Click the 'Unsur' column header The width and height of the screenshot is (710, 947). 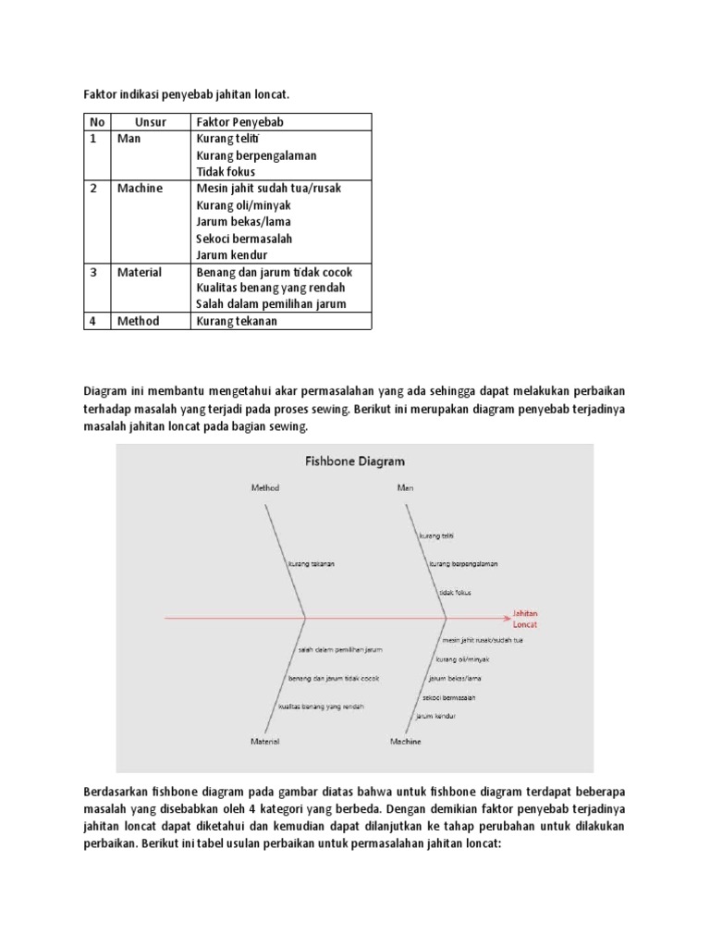pyautogui.click(x=150, y=122)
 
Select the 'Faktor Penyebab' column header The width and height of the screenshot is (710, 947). pyautogui.click(x=239, y=122)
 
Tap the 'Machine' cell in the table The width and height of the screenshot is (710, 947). pyautogui.click(x=140, y=189)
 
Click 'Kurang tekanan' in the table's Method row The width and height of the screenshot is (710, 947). pyautogui.click(x=237, y=322)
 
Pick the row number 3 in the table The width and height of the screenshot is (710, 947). pyautogui.click(x=93, y=273)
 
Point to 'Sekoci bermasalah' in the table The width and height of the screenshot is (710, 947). pyautogui.click(x=244, y=239)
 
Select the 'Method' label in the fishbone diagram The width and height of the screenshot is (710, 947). pyautogui.click(x=265, y=487)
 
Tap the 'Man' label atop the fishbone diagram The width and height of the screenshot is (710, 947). pyautogui.click(x=405, y=487)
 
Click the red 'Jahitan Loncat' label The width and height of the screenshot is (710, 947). pyautogui.click(x=525, y=619)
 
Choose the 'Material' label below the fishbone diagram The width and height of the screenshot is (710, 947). pyautogui.click(x=265, y=741)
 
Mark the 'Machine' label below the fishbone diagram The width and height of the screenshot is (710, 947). pyautogui.click(x=405, y=741)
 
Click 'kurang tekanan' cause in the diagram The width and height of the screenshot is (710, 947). pyautogui.click(x=312, y=563)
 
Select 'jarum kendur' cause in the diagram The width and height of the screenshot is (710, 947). pyautogui.click(x=435, y=716)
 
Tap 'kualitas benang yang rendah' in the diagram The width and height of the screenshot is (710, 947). pyautogui.click(x=322, y=707)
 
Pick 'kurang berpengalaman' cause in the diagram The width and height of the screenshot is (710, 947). pyautogui.click(x=464, y=563)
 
